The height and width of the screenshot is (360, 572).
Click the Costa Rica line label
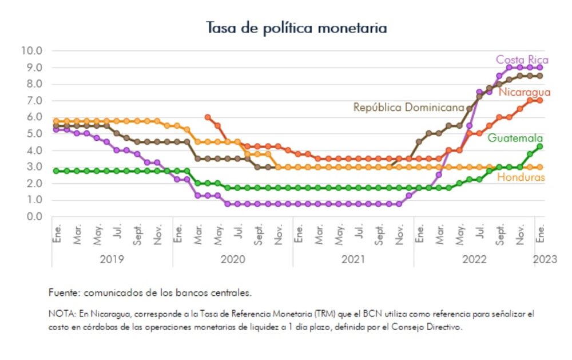coord(522,60)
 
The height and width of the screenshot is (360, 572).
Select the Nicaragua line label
coord(524,92)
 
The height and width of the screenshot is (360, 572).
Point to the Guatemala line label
coord(515,138)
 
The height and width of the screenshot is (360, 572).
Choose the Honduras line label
coord(521,177)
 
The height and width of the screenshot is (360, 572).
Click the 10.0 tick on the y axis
coord(31,50)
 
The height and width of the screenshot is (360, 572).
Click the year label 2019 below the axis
coord(112,259)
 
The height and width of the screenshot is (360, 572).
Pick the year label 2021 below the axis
coord(353,259)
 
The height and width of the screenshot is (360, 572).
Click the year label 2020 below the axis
coord(232,259)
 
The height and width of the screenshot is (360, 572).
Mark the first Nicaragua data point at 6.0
coord(207,117)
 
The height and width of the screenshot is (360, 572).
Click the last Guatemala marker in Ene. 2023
coord(540,147)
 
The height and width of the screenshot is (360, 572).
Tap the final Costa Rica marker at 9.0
coord(540,67)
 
